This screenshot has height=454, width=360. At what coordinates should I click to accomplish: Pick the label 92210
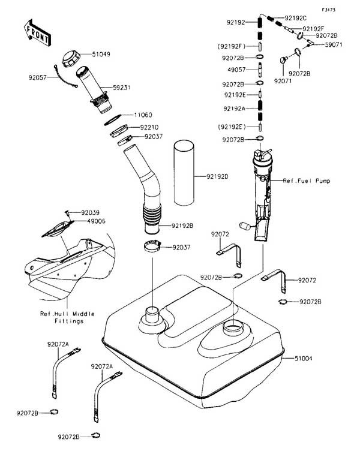click(x=150, y=127)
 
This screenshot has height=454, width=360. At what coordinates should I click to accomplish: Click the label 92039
click(x=91, y=212)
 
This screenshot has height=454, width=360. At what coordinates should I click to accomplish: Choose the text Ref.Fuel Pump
click(x=307, y=180)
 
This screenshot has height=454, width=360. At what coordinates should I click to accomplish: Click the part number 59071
click(x=335, y=44)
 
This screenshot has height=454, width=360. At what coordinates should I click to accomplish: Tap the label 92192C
click(x=295, y=18)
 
